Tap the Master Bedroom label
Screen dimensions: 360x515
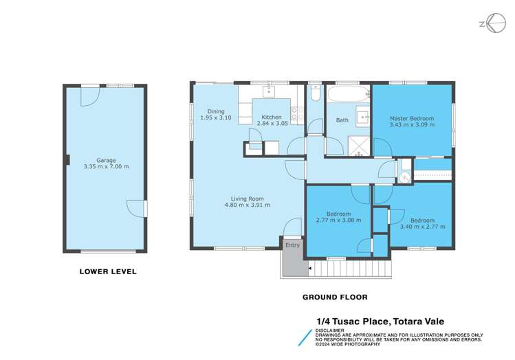tap(411, 117)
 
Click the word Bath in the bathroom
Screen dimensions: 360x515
tap(342, 120)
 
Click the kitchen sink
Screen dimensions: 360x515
tap(270, 90)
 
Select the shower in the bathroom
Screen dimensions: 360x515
tap(357, 144)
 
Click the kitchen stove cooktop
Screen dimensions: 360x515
tap(296, 114)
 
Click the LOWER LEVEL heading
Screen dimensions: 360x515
tap(108, 271)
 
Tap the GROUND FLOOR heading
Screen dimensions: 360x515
tap(336, 297)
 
